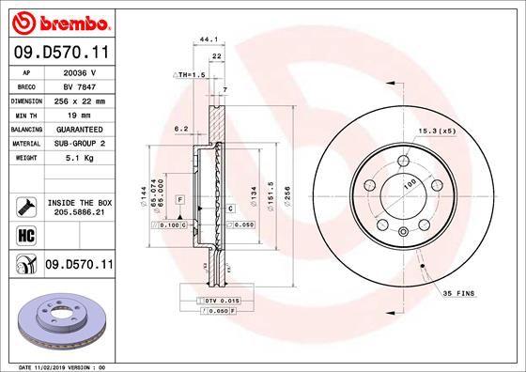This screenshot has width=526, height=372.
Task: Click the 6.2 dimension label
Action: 181,130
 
